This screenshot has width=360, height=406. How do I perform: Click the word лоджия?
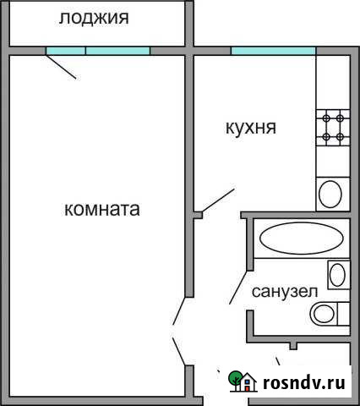pos(95,17)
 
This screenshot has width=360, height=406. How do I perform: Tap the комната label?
pos(101,208)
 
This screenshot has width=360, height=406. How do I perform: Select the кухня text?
pos(251,129)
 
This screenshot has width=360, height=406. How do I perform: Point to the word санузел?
pos(285,291)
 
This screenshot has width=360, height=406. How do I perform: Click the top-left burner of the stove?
pos(325,119)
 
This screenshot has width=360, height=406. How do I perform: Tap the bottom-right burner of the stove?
pos(339,135)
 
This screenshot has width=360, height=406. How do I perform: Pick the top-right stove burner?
pos(339,119)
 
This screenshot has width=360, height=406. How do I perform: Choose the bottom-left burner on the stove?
pos(325,135)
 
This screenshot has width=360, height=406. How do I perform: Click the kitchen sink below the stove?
pos(330,193)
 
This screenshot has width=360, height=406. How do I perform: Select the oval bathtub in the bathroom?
pos(290,238)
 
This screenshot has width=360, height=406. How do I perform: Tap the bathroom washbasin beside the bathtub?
pos(336,274)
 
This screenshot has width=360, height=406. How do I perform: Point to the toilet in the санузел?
pos(325,314)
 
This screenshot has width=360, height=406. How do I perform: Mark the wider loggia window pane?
pos(117,51)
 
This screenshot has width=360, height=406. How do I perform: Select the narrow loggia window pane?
pos(65,51)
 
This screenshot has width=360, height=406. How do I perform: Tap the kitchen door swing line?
pos(219,199)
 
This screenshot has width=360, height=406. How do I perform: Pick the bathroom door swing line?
pos(237,289)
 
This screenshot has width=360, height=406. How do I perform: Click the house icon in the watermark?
pos(239,381)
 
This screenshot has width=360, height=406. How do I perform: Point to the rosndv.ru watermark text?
pos(304,382)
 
